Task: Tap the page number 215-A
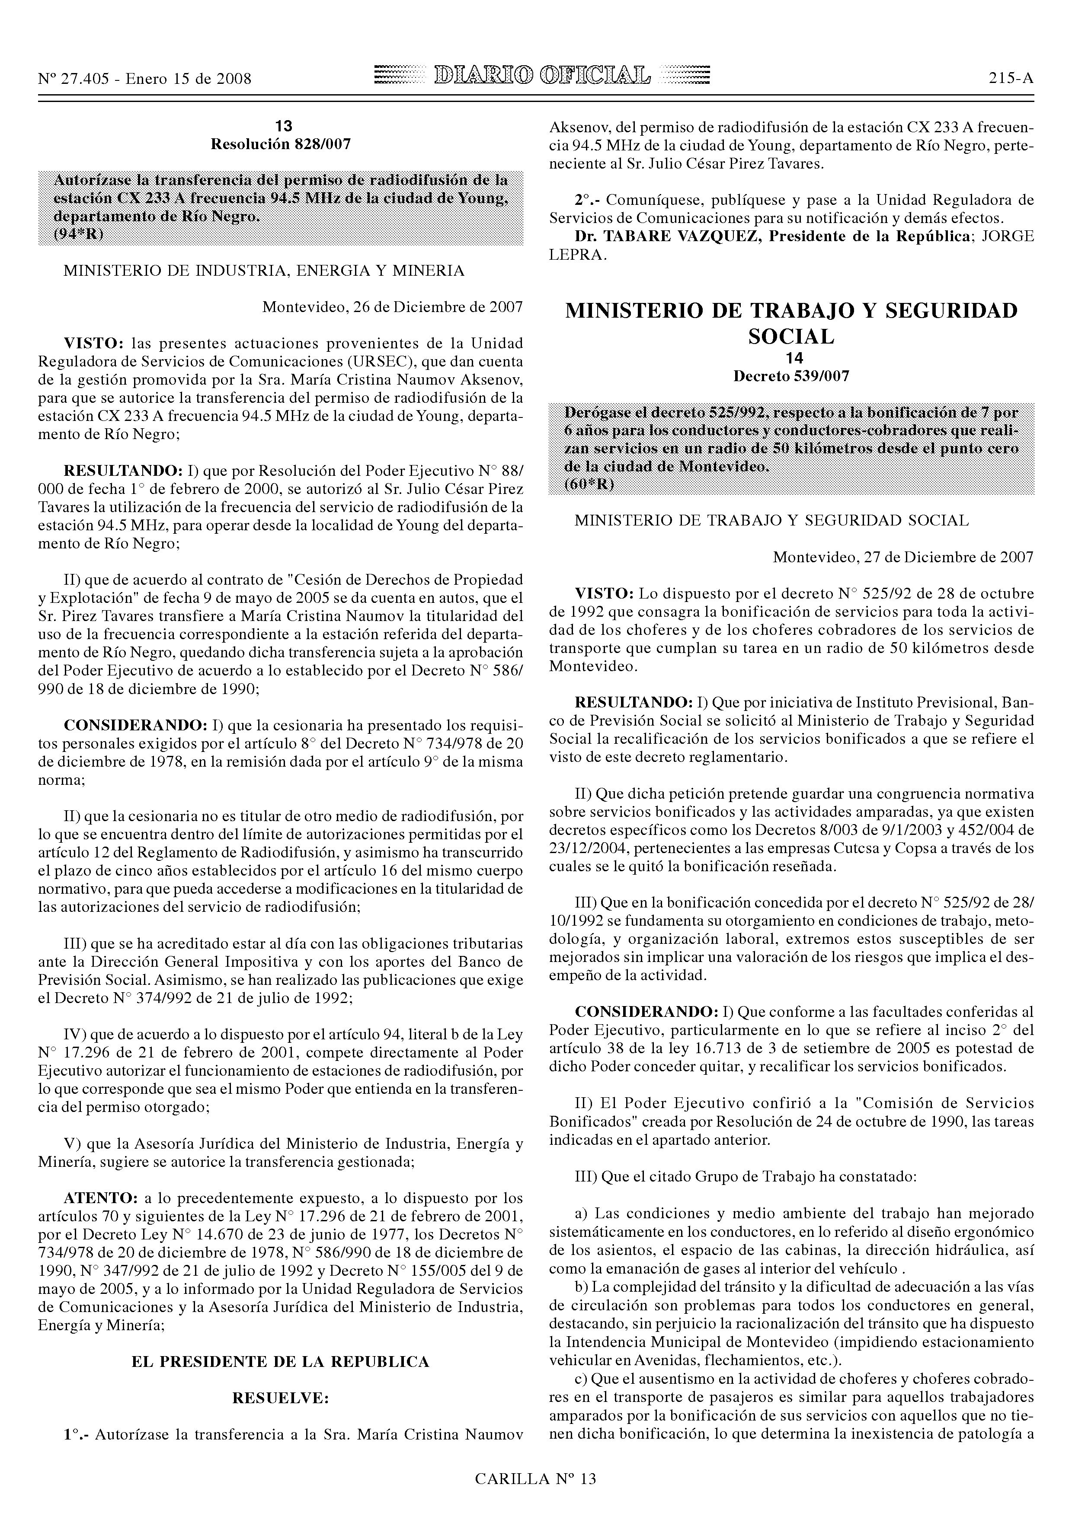1011,79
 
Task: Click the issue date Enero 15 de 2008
188,79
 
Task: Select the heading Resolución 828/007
280,144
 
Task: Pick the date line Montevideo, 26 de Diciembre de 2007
392,307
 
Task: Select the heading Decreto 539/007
791,376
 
